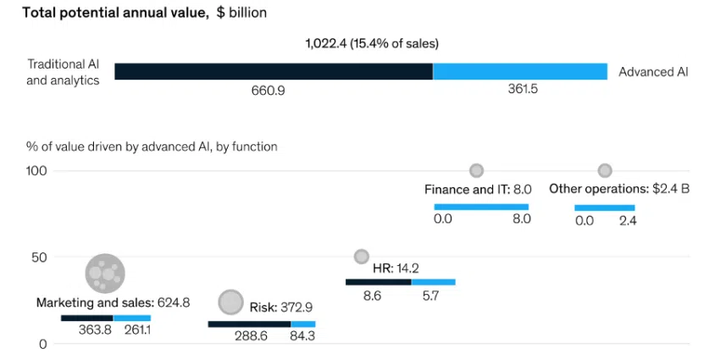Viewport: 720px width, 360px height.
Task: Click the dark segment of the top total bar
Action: [274, 71]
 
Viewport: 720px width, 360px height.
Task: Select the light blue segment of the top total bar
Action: [520, 71]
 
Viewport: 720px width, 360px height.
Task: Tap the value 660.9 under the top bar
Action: [269, 90]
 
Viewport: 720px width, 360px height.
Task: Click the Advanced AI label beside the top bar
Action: [653, 72]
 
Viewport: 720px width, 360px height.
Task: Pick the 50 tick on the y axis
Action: [39, 258]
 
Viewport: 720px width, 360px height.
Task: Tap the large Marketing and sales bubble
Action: [105, 273]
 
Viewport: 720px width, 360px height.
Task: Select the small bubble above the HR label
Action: [362, 256]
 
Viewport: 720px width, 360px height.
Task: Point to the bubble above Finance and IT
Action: [477, 171]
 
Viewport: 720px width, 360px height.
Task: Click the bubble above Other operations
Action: [605, 171]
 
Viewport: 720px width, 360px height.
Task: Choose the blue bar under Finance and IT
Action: [481, 207]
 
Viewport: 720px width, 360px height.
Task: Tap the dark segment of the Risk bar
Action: [249, 324]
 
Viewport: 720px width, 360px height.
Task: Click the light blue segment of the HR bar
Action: [433, 282]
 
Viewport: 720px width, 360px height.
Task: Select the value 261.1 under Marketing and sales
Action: [138, 330]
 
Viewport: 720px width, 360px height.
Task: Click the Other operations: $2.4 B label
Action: [619, 189]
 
